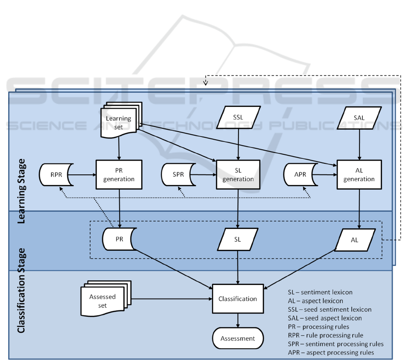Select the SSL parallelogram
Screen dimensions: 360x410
pos(238,117)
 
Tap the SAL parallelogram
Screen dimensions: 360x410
pos(359,117)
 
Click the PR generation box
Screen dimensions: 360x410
pos(119,174)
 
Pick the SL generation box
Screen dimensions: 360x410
pos(238,174)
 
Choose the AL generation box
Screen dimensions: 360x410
pos(359,174)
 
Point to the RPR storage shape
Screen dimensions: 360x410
pos(56,174)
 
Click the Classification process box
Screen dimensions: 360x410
pos(238,299)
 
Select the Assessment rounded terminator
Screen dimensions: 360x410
pos(238,338)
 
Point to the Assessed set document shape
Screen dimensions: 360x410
pos(103,300)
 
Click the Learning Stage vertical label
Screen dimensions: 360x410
pos(21,191)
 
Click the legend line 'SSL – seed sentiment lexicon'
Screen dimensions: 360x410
pos(329,309)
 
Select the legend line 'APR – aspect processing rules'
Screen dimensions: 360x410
pos(331,352)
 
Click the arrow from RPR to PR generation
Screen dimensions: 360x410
pos(84,174)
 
